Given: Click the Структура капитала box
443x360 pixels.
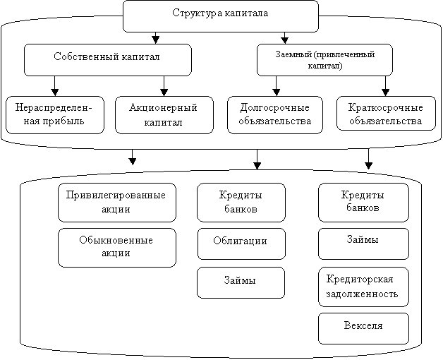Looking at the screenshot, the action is [x=221, y=16].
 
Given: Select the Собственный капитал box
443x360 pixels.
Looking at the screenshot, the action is [x=108, y=60].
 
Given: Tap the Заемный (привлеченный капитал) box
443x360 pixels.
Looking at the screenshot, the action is [x=324, y=60].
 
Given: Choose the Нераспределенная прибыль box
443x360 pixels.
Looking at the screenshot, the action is [x=55, y=115].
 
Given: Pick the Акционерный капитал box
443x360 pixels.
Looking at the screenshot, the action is [x=164, y=115].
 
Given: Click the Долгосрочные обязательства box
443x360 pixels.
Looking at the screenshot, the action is [x=275, y=115].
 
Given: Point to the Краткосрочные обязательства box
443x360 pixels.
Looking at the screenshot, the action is [x=386, y=113].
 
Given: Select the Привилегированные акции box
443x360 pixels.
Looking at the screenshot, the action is [x=117, y=203].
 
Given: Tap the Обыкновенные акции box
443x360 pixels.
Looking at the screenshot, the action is [x=117, y=248].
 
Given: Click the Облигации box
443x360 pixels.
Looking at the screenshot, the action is [x=241, y=244].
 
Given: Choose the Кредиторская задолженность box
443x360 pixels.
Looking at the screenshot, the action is [x=363, y=287].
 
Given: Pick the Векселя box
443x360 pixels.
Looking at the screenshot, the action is [x=363, y=328].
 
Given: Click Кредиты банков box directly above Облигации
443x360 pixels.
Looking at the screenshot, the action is [x=241, y=203].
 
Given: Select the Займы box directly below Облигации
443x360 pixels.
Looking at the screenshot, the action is [x=241, y=283].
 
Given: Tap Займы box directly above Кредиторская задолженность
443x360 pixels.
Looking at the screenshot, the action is [x=363, y=244].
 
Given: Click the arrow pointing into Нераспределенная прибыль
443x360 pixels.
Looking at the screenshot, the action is [x=55, y=86].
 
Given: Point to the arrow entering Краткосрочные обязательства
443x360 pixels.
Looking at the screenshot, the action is [x=385, y=86].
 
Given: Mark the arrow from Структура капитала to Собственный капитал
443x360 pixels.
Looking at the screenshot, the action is [x=156, y=38].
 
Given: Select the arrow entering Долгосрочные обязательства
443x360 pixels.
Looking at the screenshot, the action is [x=277, y=86].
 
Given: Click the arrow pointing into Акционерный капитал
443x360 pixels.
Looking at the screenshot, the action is [x=164, y=86].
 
